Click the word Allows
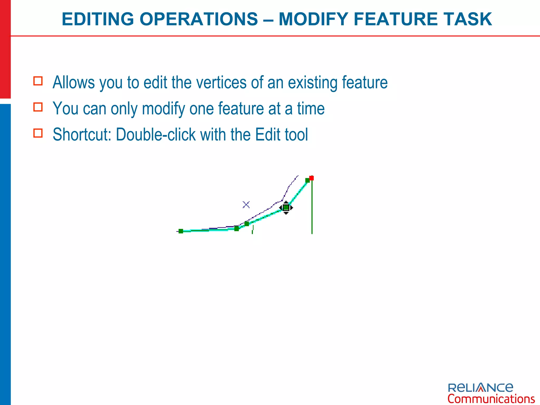(74, 83)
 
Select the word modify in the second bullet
(163, 109)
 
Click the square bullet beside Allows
(38, 81)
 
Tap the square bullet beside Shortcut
(38, 133)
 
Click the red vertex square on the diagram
(311, 178)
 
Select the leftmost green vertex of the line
(181, 231)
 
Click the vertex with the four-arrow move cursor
(286, 208)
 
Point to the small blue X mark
(246, 205)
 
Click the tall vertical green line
(312, 211)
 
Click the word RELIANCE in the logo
(480, 388)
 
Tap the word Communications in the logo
(491, 399)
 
